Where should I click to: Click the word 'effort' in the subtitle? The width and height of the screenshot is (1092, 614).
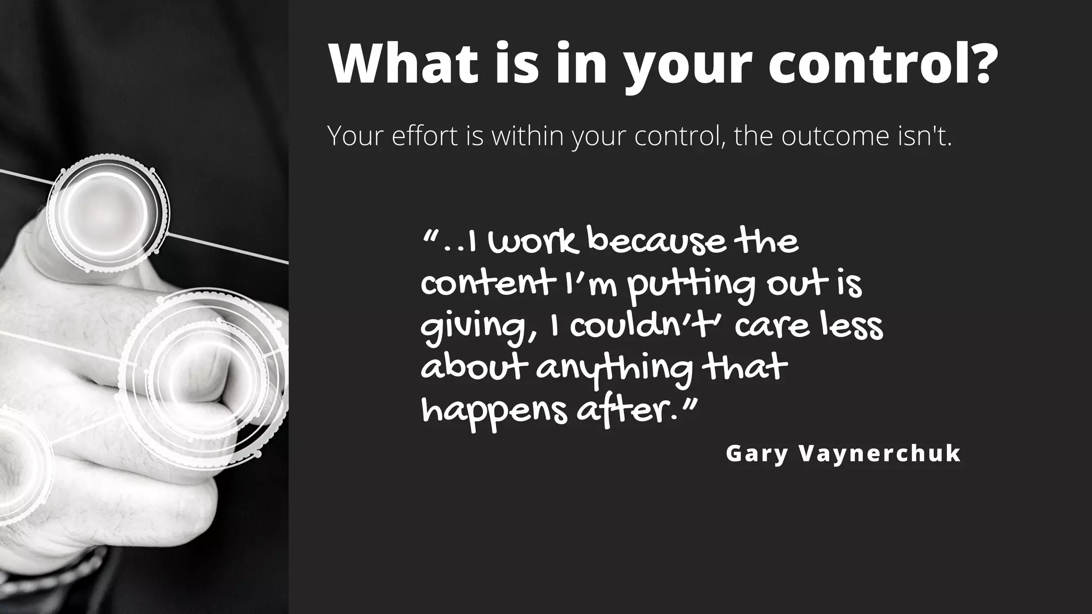[424, 136]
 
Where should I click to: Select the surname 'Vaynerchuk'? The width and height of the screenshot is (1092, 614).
[880, 454]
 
